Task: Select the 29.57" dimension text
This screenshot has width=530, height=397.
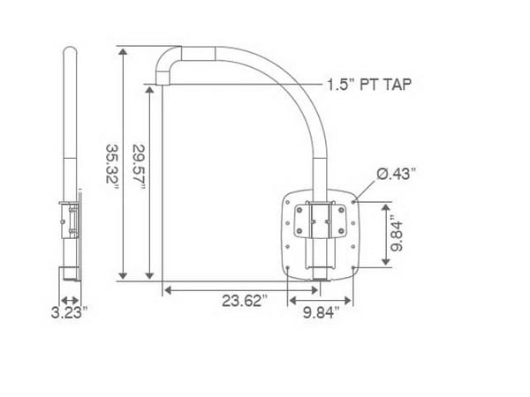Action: (x=139, y=167)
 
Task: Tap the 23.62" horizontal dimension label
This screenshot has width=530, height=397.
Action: (x=245, y=301)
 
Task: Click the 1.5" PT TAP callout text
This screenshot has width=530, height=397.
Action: (x=369, y=84)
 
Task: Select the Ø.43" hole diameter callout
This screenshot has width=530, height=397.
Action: (x=396, y=174)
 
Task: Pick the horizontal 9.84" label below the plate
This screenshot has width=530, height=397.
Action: (x=321, y=312)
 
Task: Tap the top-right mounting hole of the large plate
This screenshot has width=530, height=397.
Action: (x=353, y=202)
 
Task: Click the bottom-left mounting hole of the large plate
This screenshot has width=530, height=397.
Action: (x=288, y=267)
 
